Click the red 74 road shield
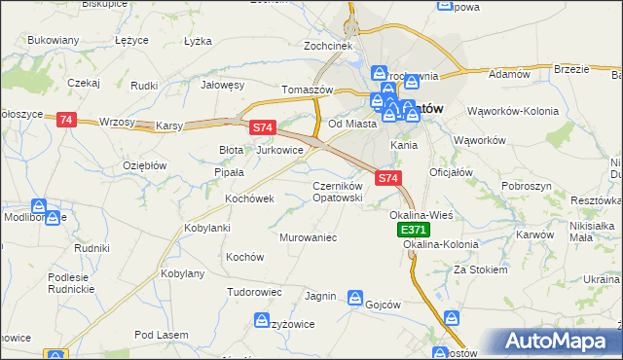point(65,119)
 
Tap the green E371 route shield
point(412,230)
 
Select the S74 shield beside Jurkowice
point(263,127)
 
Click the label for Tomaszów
point(308,90)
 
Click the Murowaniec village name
point(308,237)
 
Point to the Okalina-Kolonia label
point(441,245)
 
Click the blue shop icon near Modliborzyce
point(39,207)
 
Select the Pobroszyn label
point(528,185)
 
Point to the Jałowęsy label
point(222,85)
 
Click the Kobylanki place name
point(206,228)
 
